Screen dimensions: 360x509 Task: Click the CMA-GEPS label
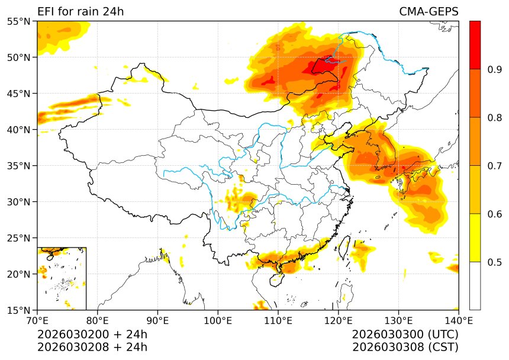click(429, 12)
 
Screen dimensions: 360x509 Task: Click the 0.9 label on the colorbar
click(495, 70)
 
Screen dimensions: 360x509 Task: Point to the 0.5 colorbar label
click(495, 262)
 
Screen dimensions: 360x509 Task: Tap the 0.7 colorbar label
click(495, 166)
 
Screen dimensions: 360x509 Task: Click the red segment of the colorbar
click(475, 45)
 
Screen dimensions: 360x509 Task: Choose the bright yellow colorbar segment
click(475, 237)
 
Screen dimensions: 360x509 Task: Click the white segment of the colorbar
click(475, 285)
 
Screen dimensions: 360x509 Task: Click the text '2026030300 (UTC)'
click(405, 335)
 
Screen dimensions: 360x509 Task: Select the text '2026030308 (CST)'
click(405, 347)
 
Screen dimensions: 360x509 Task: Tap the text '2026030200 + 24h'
click(92, 335)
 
